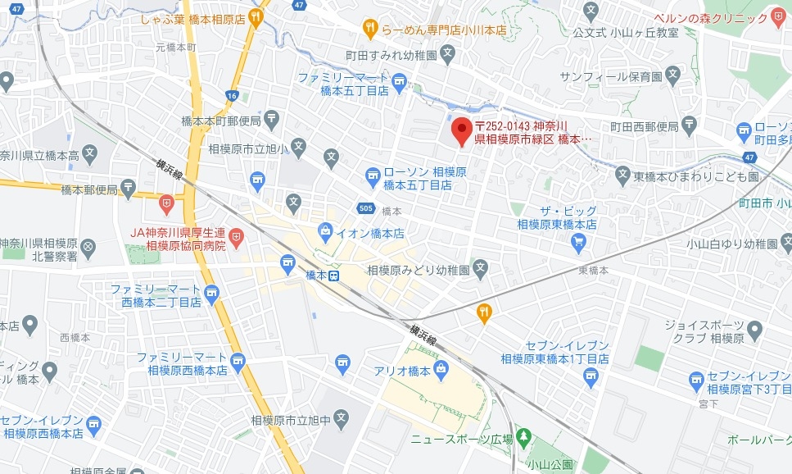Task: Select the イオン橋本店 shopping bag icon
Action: (327, 230)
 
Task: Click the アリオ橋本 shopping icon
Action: (441, 367)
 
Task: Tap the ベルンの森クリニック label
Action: (716, 18)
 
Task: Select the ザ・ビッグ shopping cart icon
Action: (579, 241)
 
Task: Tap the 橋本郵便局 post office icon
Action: (128, 188)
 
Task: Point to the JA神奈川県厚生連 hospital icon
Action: (236, 238)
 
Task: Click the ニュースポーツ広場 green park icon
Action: (525, 438)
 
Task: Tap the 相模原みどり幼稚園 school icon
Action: (481, 268)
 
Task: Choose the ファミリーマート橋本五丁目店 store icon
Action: (399, 80)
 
